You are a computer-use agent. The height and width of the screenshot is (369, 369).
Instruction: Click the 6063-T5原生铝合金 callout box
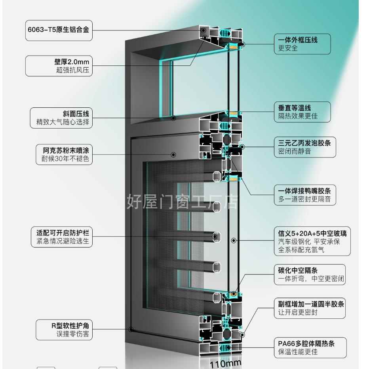click(59, 30)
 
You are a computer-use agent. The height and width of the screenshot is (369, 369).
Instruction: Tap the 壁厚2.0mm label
click(59, 66)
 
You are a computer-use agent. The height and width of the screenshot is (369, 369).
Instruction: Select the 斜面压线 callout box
click(61, 118)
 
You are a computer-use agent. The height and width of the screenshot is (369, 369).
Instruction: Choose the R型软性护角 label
click(64, 329)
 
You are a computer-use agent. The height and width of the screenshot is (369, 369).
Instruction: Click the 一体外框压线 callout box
click(302, 44)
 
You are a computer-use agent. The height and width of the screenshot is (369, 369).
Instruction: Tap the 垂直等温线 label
click(302, 112)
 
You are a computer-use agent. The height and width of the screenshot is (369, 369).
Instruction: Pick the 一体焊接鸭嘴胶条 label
click(304, 195)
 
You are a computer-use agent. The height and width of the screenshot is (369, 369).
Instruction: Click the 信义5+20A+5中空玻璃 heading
click(312, 232)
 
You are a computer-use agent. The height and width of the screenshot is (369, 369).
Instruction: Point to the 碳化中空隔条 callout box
click(309, 275)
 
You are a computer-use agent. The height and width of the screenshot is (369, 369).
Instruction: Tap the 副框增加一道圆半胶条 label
click(309, 308)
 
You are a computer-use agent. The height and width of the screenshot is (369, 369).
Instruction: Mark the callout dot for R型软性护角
click(130, 329)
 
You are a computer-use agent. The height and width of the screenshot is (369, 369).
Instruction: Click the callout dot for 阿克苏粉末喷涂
click(173, 154)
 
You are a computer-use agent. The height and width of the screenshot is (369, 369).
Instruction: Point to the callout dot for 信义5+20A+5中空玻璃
click(233, 240)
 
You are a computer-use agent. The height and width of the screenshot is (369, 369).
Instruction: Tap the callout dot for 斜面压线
click(173, 118)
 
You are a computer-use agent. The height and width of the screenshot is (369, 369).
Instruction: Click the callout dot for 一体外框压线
click(242, 44)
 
